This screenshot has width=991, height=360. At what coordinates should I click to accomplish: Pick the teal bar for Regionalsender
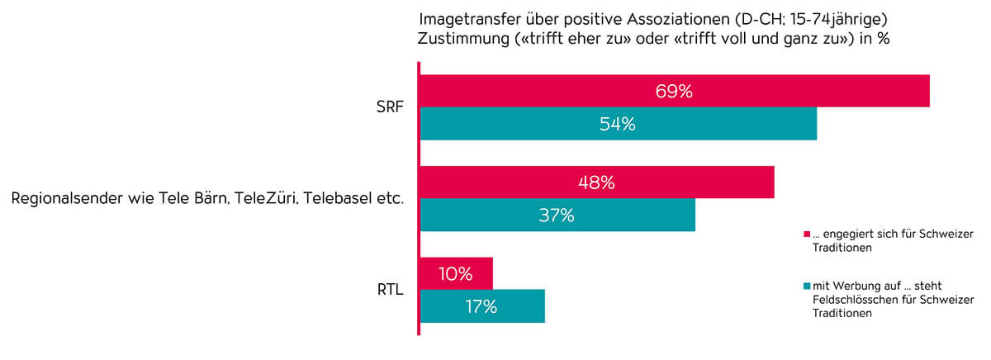[x=628, y=216]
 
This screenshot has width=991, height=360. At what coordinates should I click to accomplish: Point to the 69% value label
[x=673, y=92]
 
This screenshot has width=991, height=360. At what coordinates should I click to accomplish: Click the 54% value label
[x=617, y=125]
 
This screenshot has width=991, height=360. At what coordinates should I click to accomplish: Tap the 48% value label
[x=595, y=183]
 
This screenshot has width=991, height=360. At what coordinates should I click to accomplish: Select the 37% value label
[x=556, y=216]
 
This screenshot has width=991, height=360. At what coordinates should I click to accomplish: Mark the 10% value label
[x=455, y=274]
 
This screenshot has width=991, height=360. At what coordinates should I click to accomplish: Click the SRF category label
[x=388, y=107]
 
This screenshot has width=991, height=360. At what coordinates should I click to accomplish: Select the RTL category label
[x=387, y=290]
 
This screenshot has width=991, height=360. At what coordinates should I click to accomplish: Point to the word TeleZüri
[x=265, y=199]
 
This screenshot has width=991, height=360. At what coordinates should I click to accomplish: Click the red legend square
[x=806, y=234]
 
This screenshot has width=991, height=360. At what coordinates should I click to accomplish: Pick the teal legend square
[x=806, y=287]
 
